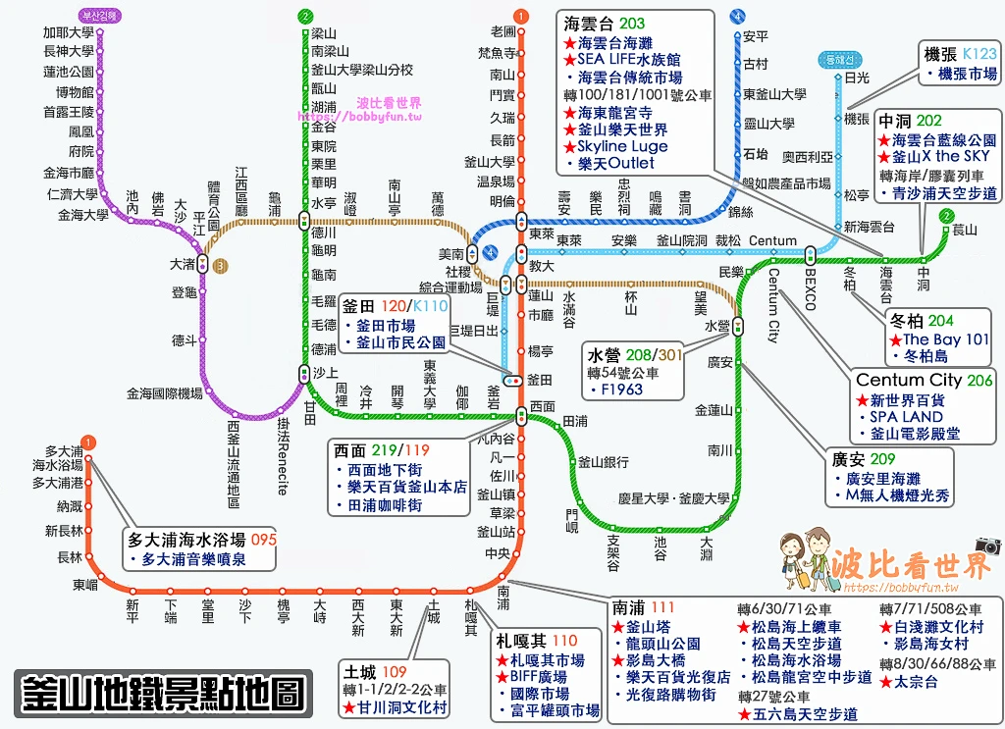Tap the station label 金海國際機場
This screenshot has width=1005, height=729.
(x=165, y=393)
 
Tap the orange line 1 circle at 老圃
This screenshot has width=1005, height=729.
(x=520, y=16)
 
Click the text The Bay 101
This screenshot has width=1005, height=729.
(x=946, y=338)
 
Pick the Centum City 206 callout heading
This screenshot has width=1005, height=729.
(x=924, y=380)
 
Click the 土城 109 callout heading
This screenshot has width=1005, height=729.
(x=375, y=672)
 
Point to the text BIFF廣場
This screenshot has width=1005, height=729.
(x=539, y=677)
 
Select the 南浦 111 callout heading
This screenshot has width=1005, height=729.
(x=643, y=607)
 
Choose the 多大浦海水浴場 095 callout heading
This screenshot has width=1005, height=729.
(x=202, y=539)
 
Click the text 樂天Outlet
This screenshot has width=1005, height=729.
(x=616, y=163)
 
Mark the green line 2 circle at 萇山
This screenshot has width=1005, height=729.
(x=945, y=216)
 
